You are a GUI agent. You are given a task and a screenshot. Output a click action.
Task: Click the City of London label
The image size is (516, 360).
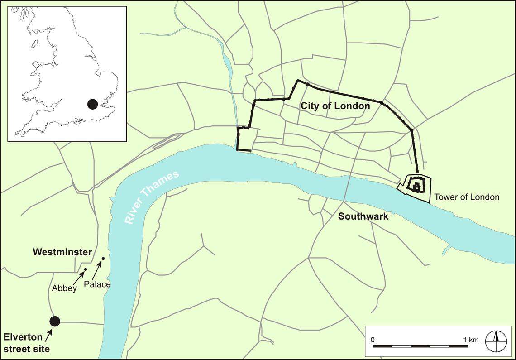coord(335,106)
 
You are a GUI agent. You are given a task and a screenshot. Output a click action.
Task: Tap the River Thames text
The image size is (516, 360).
coord(152,197)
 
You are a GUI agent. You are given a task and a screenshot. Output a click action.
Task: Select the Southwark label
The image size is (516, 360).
coord(363,216)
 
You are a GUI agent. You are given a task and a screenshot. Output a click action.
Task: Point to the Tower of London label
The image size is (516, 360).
coord(466,197)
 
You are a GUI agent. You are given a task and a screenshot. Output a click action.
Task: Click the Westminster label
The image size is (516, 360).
coord(62,252)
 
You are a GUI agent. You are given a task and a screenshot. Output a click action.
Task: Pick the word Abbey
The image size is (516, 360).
coord(64,288)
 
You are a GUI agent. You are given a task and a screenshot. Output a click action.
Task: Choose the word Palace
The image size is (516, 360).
coord(97,284)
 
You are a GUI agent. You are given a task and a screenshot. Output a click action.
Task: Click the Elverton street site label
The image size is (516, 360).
coord(26,343)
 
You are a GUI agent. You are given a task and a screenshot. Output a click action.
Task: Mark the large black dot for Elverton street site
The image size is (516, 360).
coord(55,321)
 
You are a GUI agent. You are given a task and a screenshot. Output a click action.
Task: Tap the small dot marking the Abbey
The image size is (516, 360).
coord(85,269)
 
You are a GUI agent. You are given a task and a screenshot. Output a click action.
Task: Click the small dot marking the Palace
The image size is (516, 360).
coord(103,259)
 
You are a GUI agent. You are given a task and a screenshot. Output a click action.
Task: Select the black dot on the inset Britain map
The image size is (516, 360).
coord(92,104)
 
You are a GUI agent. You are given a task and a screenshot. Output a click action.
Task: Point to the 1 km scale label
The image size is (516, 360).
coord(470,340)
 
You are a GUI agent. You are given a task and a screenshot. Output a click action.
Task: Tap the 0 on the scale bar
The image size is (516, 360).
coord(373,340)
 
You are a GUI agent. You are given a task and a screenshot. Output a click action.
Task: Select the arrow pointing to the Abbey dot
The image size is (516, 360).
coord(78,277)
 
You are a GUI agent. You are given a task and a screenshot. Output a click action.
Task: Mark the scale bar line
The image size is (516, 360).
coord(420,346)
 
